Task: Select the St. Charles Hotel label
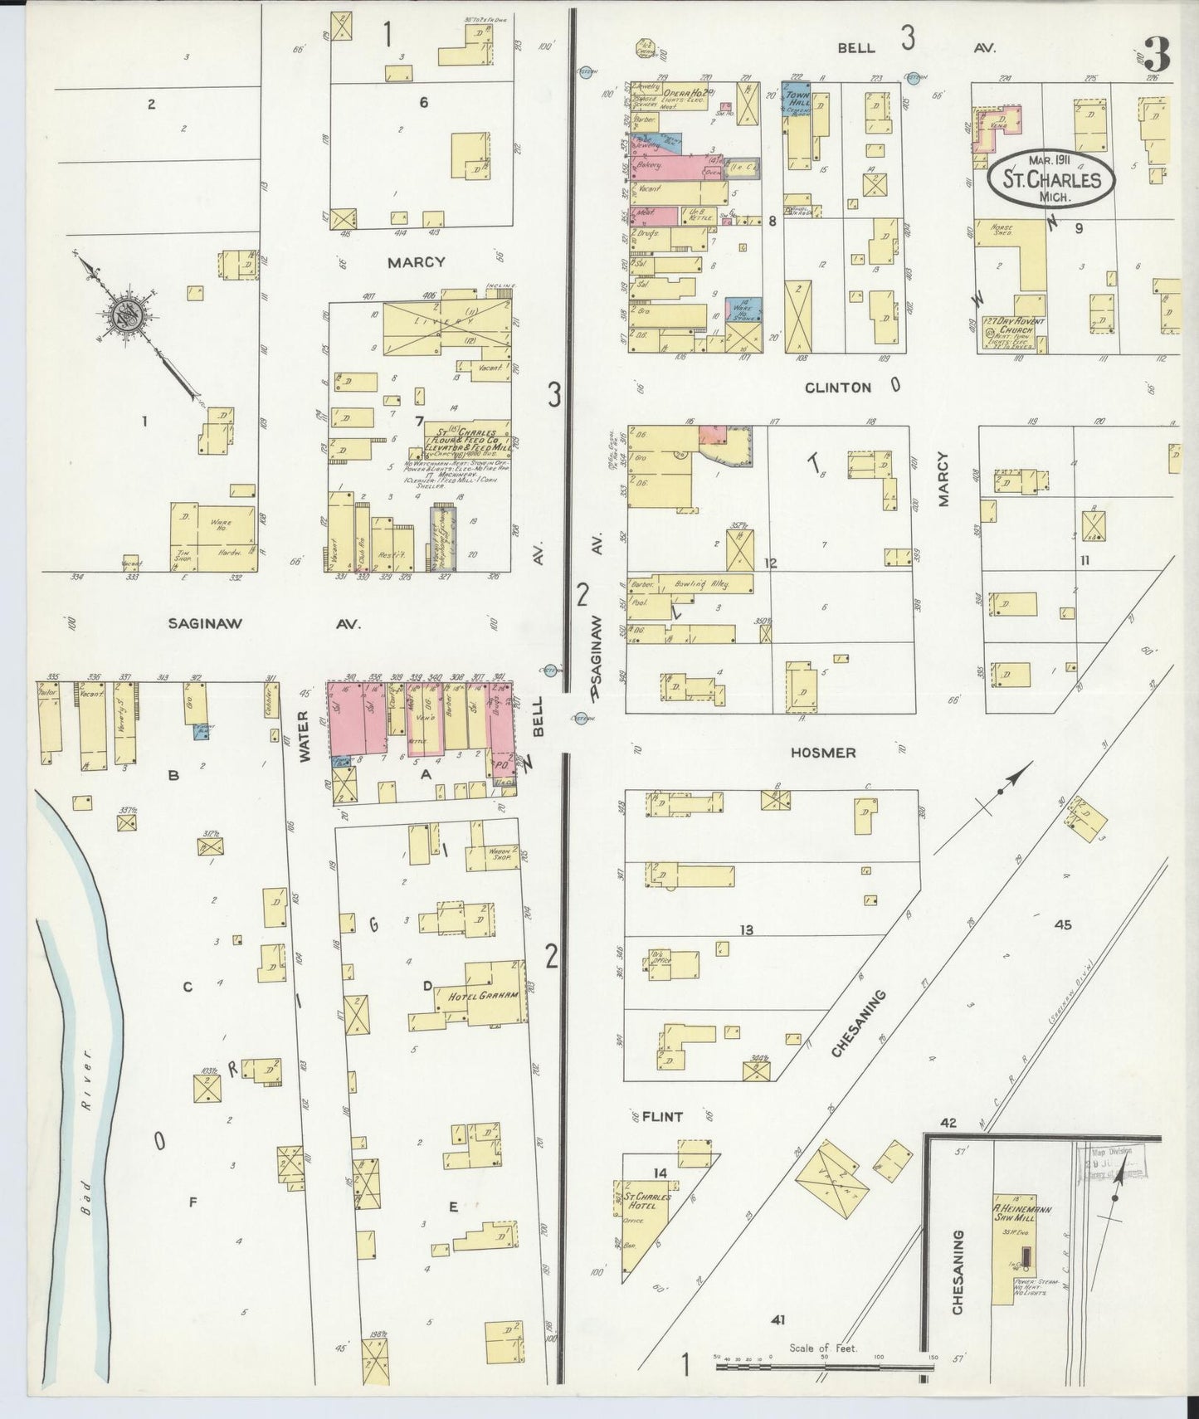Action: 642,1201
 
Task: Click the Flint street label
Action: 662,1116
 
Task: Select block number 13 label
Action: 746,930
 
